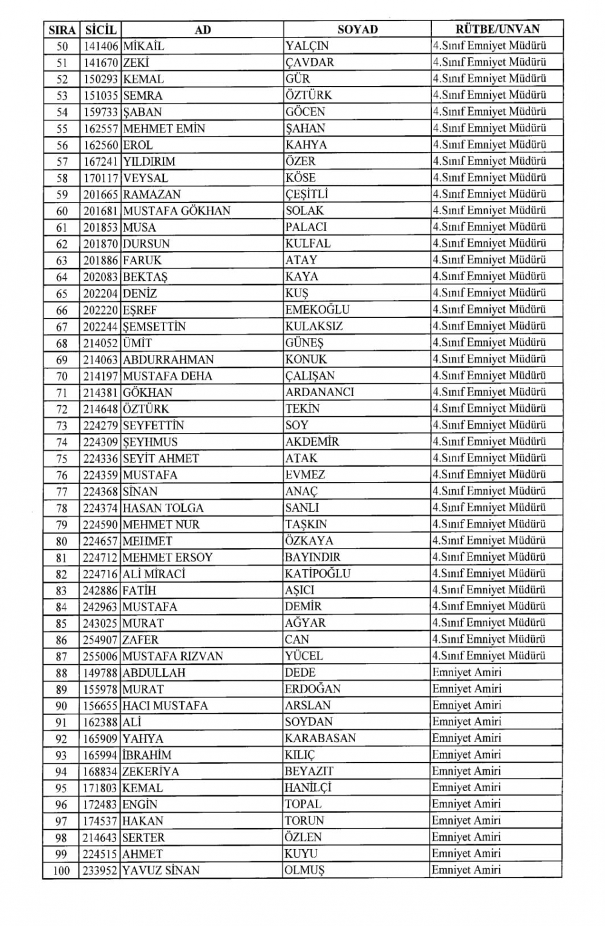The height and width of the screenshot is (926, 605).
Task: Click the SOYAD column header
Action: (357, 29)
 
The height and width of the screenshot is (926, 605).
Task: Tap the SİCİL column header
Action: (100, 29)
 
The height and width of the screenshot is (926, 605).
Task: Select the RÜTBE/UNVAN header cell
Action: (497, 28)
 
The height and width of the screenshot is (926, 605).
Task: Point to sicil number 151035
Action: (100, 96)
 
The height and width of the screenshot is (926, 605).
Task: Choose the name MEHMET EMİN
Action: (164, 128)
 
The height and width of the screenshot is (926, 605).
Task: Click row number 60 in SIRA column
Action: (62, 211)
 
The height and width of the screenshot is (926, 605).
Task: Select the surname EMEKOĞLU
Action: (318, 310)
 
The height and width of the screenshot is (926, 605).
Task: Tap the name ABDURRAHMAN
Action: (168, 359)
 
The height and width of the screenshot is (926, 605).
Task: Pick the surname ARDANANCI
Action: (320, 392)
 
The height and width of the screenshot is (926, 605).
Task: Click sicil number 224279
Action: (100, 425)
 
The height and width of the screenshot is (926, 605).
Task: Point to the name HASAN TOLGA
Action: (163, 508)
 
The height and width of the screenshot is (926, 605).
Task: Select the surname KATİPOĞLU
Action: (318, 573)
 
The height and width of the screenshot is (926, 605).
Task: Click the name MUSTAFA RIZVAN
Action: (172, 656)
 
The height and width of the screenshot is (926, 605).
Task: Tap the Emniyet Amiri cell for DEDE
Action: (466, 672)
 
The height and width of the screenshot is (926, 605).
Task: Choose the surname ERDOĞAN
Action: (313, 689)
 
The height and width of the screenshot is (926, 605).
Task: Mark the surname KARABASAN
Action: (321, 739)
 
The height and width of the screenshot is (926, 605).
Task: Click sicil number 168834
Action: (100, 772)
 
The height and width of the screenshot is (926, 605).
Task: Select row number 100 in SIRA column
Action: (62, 871)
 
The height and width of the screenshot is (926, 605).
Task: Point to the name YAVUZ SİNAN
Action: (161, 870)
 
